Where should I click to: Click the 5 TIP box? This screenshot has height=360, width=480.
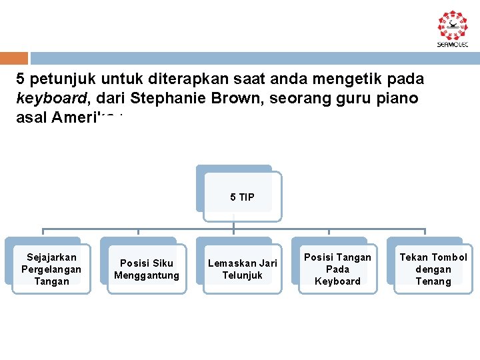[242, 197]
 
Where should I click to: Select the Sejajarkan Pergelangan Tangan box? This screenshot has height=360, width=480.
[51, 269]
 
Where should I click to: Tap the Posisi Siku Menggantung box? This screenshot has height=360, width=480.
[147, 269]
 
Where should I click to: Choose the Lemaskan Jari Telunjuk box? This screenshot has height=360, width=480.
[242, 269]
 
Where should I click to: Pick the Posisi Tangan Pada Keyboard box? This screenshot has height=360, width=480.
[337, 269]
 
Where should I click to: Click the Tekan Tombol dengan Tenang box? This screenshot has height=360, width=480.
[433, 269]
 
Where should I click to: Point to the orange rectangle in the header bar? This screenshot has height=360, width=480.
[14, 58]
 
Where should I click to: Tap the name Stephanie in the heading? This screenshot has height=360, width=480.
[167, 99]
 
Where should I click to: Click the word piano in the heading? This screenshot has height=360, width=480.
[399, 99]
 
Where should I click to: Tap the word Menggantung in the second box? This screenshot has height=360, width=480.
[147, 275]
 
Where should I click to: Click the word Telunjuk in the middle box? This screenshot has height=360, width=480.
[242, 275]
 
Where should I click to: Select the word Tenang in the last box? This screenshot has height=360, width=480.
[433, 281]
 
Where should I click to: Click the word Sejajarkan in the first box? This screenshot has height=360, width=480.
[51, 257]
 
